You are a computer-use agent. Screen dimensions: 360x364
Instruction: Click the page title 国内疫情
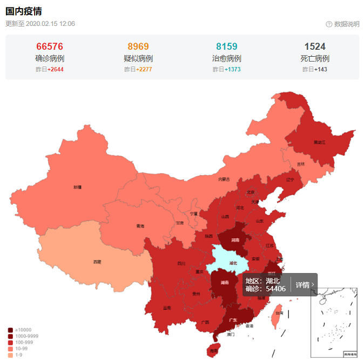pyautogui.click(x=24, y=11)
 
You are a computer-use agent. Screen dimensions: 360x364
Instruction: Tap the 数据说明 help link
pyautogui.click(x=342, y=24)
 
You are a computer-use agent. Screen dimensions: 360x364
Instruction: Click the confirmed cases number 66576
pyautogui.click(x=50, y=47)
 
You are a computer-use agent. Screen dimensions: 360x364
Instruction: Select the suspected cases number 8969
pyautogui.click(x=138, y=47)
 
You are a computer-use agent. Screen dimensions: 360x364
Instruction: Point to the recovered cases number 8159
pyautogui.click(x=227, y=47)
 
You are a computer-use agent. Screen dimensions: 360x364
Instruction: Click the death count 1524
pyautogui.click(x=315, y=47)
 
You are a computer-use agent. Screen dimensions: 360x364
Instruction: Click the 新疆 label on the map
pyautogui.click(x=77, y=187)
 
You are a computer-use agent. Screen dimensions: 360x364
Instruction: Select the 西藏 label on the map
pyautogui.click(x=97, y=262)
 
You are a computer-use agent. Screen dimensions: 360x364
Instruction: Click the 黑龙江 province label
pyautogui.click(x=320, y=143)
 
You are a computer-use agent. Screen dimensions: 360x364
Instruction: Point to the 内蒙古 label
pyautogui.click(x=224, y=179)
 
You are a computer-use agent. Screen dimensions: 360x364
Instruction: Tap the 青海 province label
pyautogui.click(x=140, y=226)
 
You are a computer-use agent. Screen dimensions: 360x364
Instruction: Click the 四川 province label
pyautogui.click(x=181, y=264)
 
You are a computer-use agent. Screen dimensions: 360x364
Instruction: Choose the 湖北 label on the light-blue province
pyautogui.click(x=233, y=263)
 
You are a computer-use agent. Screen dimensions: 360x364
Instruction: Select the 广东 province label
pyautogui.click(x=233, y=320)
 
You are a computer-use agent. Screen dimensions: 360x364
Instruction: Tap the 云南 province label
pyautogui.click(x=167, y=308)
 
